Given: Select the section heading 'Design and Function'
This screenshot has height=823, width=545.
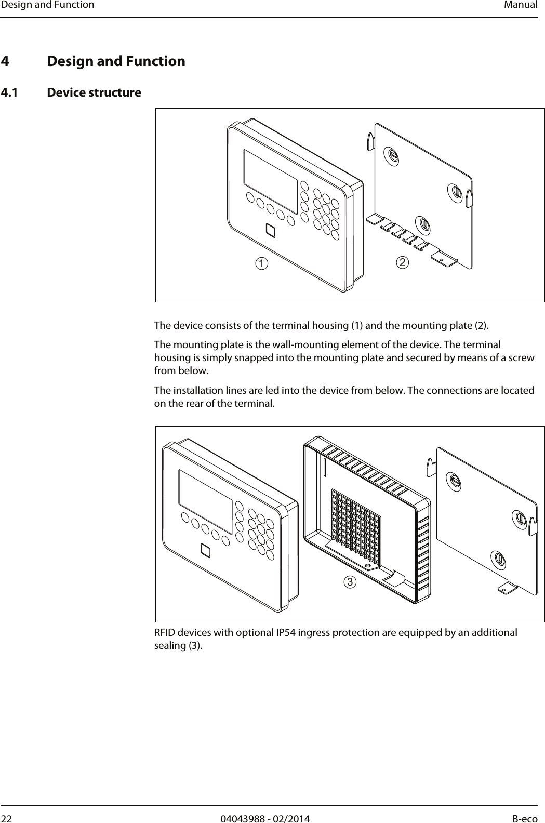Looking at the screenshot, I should pyautogui.click(x=116, y=61).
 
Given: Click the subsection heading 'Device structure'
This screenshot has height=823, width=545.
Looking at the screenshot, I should pyautogui.click(x=94, y=93).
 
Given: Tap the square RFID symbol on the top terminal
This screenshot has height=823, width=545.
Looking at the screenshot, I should pyautogui.click(x=271, y=230).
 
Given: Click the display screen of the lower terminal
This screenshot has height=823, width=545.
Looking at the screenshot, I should pyautogui.click(x=205, y=495).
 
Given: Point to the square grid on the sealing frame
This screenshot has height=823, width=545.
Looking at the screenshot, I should pyautogui.click(x=356, y=527).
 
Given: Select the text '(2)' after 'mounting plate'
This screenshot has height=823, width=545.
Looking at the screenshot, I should pyautogui.click(x=482, y=326).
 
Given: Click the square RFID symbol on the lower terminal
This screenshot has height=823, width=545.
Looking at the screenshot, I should pyautogui.click(x=206, y=550).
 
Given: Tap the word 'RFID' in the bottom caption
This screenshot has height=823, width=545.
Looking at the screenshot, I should pyautogui.click(x=166, y=632).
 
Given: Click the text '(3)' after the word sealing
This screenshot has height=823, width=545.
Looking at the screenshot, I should pyautogui.click(x=195, y=646).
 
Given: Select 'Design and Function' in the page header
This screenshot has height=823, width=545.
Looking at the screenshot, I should pyautogui.click(x=47, y=5).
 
